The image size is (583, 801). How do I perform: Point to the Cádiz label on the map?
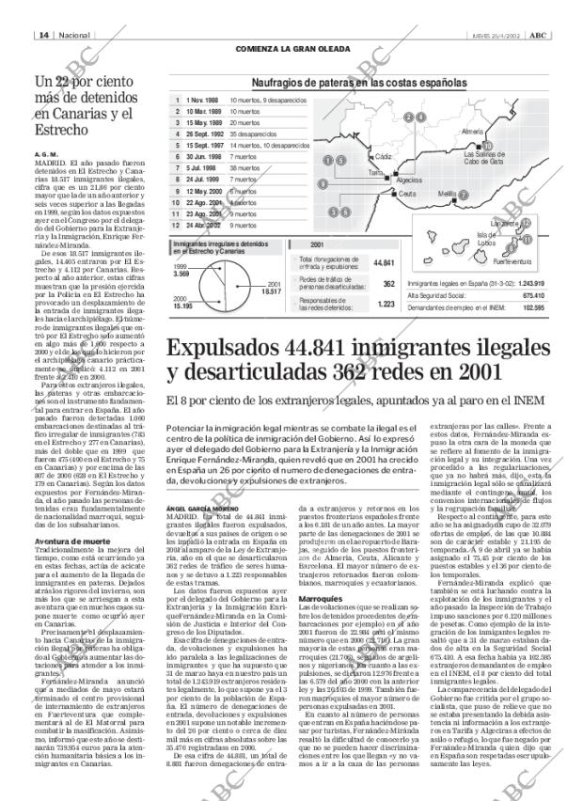point(384,156)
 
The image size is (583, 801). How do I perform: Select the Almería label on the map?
point(472,132)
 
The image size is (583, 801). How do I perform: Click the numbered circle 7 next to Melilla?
point(463,195)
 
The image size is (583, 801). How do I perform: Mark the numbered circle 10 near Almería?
point(486,145)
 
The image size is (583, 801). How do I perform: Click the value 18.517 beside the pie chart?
point(272,291)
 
